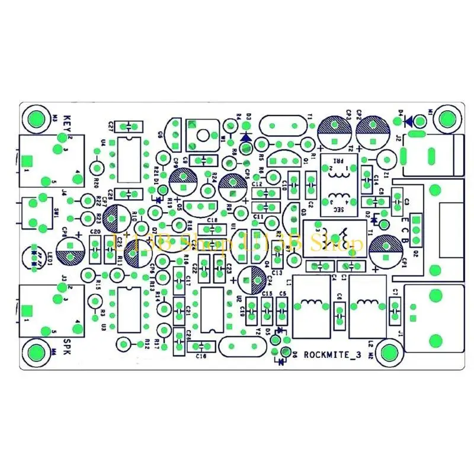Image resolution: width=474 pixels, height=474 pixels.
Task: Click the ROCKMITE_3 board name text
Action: point(332,355)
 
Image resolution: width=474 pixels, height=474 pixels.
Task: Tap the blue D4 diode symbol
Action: point(409,121)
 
